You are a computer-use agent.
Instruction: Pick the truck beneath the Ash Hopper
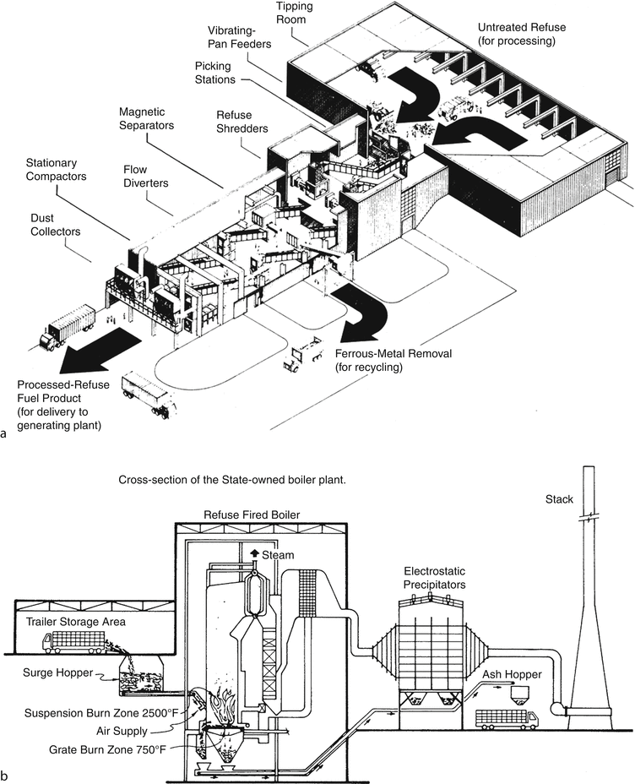(507, 717)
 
